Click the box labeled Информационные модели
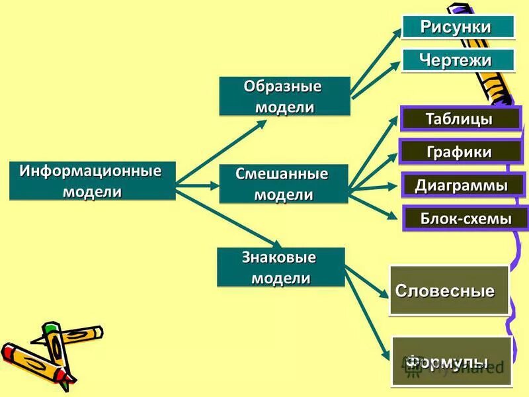click(x=92, y=181)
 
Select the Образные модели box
click(x=284, y=97)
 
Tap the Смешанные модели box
click(x=284, y=184)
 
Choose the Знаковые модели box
click(x=281, y=267)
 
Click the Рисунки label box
click(x=458, y=26)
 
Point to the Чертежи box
click(x=458, y=60)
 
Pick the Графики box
click(x=460, y=152)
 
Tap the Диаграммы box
click(x=462, y=185)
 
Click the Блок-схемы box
click(x=466, y=218)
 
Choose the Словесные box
click(x=449, y=290)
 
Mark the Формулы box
click(x=452, y=361)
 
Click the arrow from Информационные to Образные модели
click(x=205, y=156)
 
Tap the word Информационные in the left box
click(x=91, y=171)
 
